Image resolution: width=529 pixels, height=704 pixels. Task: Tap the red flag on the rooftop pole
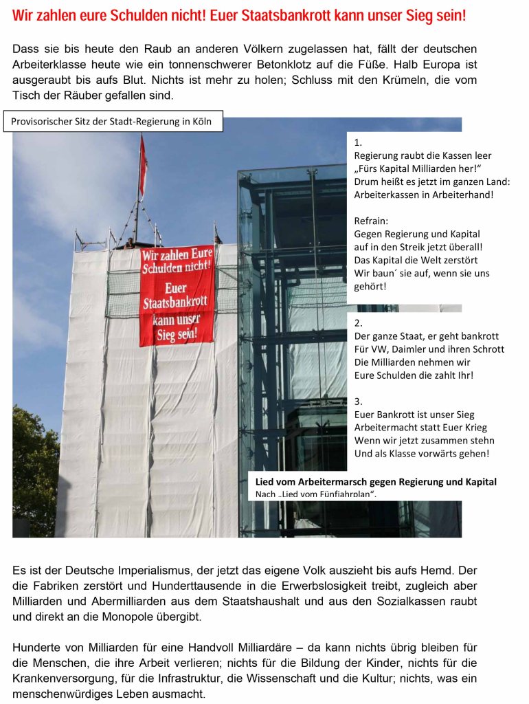[143, 168]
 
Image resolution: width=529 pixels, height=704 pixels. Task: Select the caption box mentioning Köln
[116, 122]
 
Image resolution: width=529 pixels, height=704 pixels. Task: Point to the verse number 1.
[358, 143]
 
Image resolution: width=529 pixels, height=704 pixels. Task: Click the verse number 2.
[358, 323]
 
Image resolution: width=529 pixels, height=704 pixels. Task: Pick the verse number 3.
[358, 401]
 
